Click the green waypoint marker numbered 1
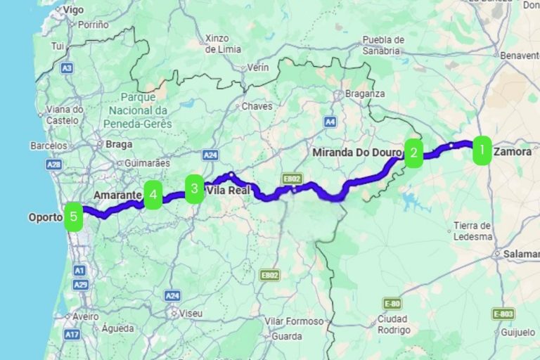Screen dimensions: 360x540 click(x=482, y=150)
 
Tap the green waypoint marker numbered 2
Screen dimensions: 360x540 click(x=413, y=153)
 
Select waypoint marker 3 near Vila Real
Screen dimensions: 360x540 click(x=195, y=188)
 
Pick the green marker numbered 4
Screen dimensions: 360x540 click(x=153, y=194)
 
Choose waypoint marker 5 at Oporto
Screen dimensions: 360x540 click(x=73, y=217)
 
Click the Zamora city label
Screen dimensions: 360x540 click(x=513, y=151)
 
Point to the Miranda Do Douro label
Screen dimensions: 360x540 click(x=356, y=152)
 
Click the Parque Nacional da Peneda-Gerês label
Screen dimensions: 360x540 click(x=137, y=110)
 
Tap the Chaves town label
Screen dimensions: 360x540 click(x=256, y=106)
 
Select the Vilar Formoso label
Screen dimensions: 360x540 click(x=295, y=321)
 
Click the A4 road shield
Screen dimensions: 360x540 click(x=330, y=122)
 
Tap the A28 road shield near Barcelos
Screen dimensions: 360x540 click(x=53, y=164)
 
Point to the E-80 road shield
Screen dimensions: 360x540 click(x=392, y=303)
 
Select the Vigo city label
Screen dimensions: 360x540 click(x=72, y=10)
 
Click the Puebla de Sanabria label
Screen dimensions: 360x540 click(x=382, y=45)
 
